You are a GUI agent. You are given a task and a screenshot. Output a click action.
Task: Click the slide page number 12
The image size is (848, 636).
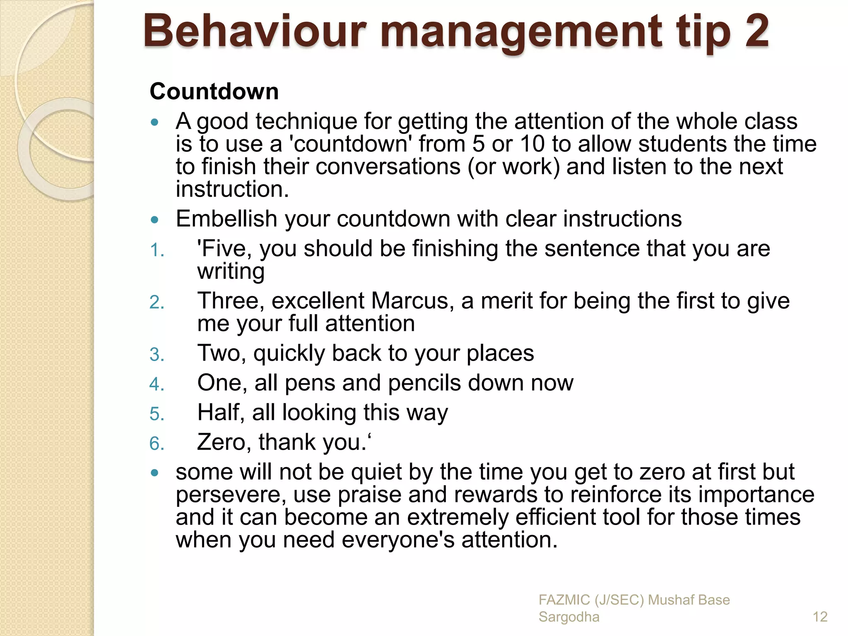coord(820,617)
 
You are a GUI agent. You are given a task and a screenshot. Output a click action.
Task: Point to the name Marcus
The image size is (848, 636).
coord(410,301)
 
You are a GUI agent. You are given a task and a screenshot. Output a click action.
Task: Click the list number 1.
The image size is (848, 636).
coord(157,250)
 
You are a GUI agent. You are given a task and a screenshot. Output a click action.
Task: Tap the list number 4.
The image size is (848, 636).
coord(157,384)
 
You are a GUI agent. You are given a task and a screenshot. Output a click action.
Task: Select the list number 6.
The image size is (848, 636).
coord(157,444)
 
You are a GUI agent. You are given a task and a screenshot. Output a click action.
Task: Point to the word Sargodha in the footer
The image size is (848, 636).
coord(569,617)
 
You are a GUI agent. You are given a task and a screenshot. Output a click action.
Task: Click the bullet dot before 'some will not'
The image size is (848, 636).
coord(155,472)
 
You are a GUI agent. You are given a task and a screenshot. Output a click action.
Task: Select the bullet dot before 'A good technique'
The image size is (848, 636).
coord(155,122)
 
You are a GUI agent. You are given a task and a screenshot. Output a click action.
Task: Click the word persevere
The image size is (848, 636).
coord(230,495)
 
